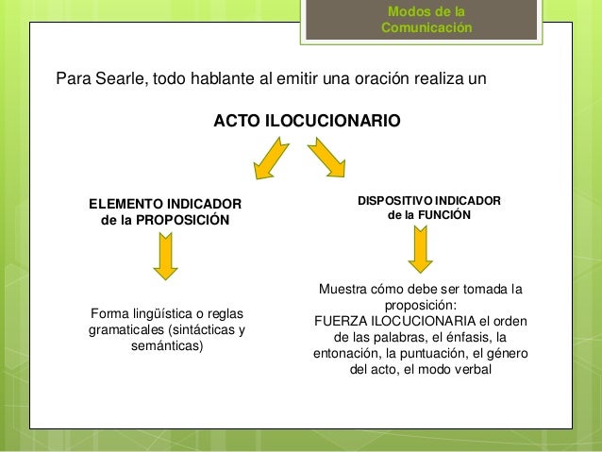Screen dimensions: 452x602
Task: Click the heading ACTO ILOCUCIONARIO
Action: click(x=307, y=123)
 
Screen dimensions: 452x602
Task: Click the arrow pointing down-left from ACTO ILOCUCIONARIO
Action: click(x=270, y=158)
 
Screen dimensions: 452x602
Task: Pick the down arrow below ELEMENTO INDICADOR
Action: click(x=166, y=257)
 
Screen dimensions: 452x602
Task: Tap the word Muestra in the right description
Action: click(x=344, y=289)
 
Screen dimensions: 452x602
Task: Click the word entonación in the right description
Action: click(x=345, y=354)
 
